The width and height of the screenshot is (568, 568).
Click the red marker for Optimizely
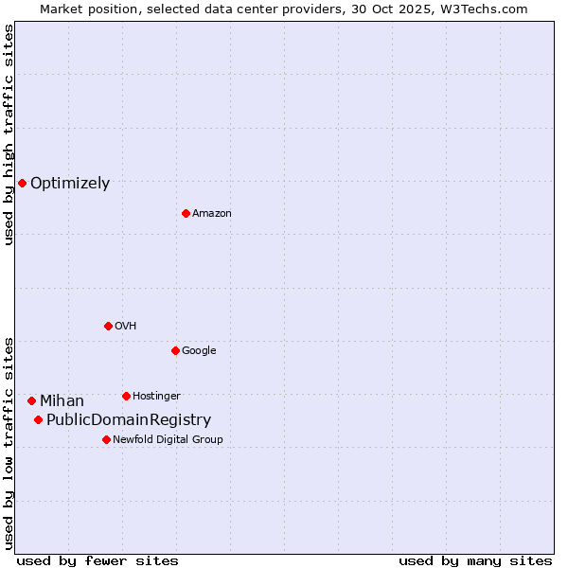[x=22, y=183]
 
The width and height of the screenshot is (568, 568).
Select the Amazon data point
[x=186, y=213]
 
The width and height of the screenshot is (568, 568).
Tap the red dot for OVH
[x=108, y=326]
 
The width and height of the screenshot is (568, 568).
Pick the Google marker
[x=175, y=350]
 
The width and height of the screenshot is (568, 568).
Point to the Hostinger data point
[x=126, y=396]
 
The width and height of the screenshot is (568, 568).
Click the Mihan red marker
[x=31, y=400]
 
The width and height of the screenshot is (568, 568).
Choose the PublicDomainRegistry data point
[x=38, y=419]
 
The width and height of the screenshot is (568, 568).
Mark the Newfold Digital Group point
[x=106, y=439]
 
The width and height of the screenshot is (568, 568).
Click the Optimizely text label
[x=70, y=184]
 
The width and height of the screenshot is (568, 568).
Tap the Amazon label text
[x=212, y=214]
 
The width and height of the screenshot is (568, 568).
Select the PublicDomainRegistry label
[x=129, y=420]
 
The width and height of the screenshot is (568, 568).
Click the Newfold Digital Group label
[x=168, y=439]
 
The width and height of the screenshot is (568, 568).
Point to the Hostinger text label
[x=156, y=396]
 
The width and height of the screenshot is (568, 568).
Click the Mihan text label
[x=62, y=401]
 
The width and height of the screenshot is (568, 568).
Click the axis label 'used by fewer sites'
[x=98, y=560]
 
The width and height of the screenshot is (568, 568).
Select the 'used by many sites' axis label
[x=475, y=560]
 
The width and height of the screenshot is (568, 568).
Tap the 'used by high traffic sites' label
[x=9, y=135]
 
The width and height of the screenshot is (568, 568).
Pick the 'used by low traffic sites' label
[x=9, y=442]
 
